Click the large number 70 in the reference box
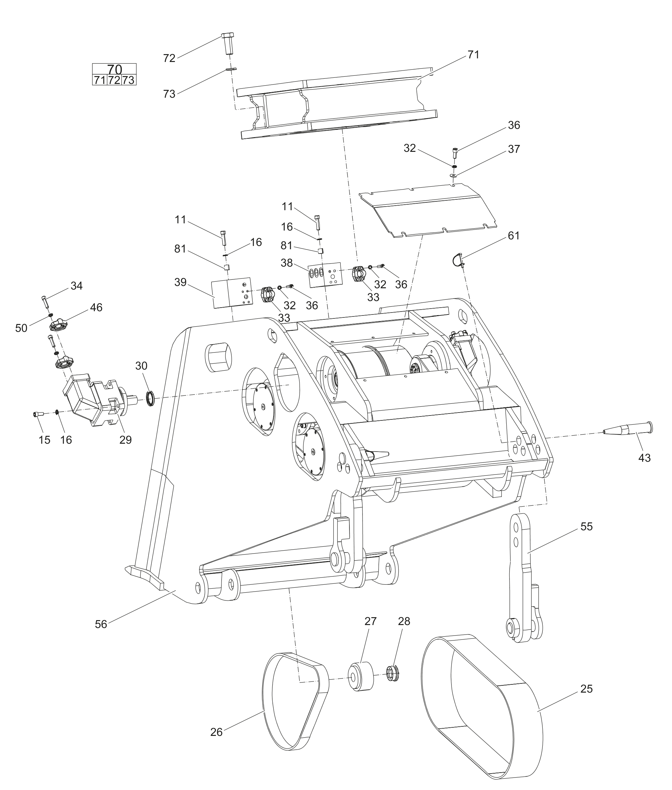tap(114, 69)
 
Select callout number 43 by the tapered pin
tap(644, 457)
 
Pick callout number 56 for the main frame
tap(101, 624)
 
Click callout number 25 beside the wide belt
tap(586, 688)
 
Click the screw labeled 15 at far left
tap(38, 414)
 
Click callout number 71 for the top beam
tap(473, 55)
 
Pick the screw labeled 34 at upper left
tap(45, 302)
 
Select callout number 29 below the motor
tap(125, 440)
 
